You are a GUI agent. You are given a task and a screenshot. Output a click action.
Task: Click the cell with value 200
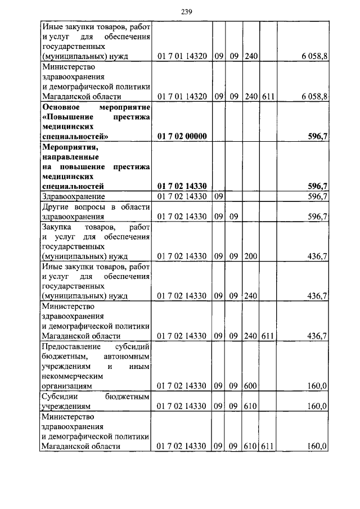coord(251,256)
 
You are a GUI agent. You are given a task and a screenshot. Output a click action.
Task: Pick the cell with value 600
coord(251,386)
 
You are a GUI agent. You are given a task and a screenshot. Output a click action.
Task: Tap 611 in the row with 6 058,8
coord(268,97)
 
